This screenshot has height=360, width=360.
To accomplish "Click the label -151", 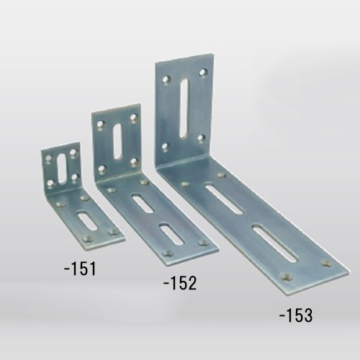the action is tap(80, 269).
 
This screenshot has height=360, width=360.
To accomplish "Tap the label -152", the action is tap(180, 283).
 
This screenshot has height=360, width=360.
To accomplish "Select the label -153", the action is tap(296, 315).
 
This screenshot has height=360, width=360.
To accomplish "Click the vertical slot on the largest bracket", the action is tap(184, 109).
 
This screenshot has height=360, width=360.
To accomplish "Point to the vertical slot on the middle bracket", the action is tap(118, 141).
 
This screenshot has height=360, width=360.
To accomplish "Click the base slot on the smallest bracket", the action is tap(87, 220).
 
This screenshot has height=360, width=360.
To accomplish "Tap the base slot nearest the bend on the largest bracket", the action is tap(224, 199).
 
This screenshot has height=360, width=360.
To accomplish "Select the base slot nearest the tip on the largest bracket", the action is tap(276, 244).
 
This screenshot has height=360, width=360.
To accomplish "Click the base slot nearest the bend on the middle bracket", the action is tap(143, 204).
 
